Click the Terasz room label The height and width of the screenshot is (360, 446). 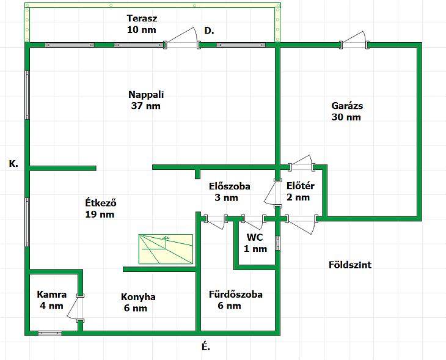pos(142,18)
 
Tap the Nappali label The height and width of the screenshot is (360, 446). pos(146,95)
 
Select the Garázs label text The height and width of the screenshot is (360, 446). pos(347,106)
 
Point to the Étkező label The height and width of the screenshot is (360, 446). pos(101,203)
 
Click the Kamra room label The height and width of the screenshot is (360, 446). pos(52,295)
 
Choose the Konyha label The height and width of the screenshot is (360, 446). pos(138,297)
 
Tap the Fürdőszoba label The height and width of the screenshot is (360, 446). pos(235,294)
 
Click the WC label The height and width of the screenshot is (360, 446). pos(255,237)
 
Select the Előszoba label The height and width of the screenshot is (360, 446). pos(230,186)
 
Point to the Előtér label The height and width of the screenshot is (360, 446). pos(301,186)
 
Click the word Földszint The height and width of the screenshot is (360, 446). pos(350,265)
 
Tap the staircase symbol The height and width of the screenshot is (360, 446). pos(166,249)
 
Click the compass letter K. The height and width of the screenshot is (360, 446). pos(13,164)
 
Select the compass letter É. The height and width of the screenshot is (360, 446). pos(206,347)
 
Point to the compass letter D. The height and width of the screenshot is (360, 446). pos(209,31)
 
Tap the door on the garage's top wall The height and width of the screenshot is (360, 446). pos(354,40)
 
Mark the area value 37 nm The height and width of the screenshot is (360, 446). pos(146,106)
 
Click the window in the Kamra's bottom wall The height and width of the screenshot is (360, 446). pos(49,334)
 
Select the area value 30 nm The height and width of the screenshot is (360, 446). pos(346,117)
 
